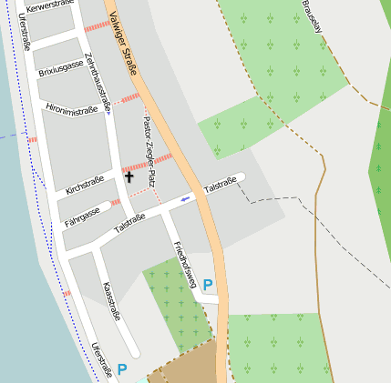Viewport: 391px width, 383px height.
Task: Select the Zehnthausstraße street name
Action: tap(97, 83)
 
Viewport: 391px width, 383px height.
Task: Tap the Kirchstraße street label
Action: tap(85, 185)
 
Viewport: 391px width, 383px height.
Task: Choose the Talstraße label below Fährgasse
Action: tap(129, 223)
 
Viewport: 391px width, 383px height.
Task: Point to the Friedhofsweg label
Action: tap(184, 265)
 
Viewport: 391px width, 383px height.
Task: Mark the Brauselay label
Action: tap(312, 16)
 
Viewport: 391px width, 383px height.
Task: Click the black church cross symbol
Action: tap(129, 176)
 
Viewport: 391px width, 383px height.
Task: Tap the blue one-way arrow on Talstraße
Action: tap(186, 197)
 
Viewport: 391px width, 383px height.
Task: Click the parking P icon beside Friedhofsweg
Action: tap(208, 285)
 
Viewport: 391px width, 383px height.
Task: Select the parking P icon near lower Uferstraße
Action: tap(122, 369)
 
